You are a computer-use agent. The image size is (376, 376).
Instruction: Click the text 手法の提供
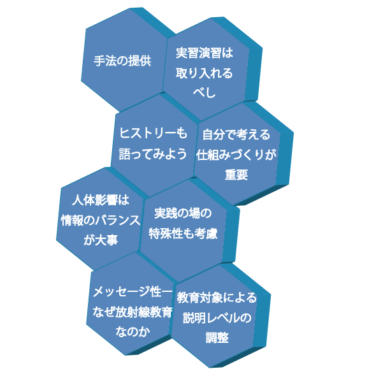pyautogui.click(x=122, y=61)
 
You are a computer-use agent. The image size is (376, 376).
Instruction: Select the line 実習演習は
pyautogui.click(x=205, y=53)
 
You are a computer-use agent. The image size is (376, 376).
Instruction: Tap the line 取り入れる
pyautogui.click(x=205, y=73)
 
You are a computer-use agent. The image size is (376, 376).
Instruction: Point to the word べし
pyautogui.click(x=205, y=92)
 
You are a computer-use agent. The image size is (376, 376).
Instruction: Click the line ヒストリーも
pyautogui.click(x=153, y=133)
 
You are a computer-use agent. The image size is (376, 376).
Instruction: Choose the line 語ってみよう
pyautogui.click(x=153, y=154)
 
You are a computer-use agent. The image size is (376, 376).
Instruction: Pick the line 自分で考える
pyautogui.click(x=236, y=134)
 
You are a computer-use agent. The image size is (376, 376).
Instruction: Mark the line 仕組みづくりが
pyautogui.click(x=236, y=155)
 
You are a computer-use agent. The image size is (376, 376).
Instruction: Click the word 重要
pyautogui.click(x=236, y=175)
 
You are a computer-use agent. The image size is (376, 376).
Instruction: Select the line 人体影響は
pyautogui.click(x=101, y=200)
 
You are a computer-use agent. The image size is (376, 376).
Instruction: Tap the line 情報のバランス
pyautogui.click(x=101, y=220)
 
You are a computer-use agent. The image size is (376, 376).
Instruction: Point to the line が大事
pyautogui.click(x=101, y=240)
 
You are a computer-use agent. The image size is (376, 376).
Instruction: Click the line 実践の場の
pyautogui.click(x=183, y=213)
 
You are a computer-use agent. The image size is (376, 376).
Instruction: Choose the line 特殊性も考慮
pyautogui.click(x=183, y=233)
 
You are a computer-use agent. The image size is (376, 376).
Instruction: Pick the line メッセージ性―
pyautogui.click(x=133, y=292)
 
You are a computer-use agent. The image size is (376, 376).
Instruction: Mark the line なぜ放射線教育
pyautogui.click(x=133, y=312)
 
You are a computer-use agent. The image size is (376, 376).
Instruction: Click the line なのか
pyautogui.click(x=133, y=332)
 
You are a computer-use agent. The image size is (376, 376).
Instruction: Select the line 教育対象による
pyautogui.click(x=217, y=298)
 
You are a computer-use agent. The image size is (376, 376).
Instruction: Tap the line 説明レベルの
pyautogui.click(x=217, y=318)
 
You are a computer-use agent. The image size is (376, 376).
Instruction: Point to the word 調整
pyautogui.click(x=217, y=338)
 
